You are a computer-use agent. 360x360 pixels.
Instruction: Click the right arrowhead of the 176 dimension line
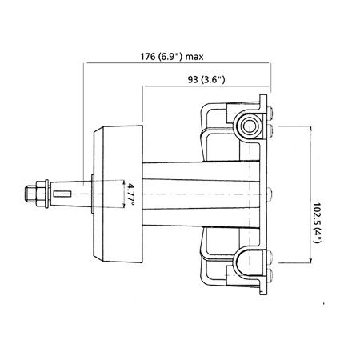[270, 65]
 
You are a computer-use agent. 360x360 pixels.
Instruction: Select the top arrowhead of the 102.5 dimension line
[310, 126]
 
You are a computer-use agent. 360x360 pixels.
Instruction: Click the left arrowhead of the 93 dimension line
[146, 86]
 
